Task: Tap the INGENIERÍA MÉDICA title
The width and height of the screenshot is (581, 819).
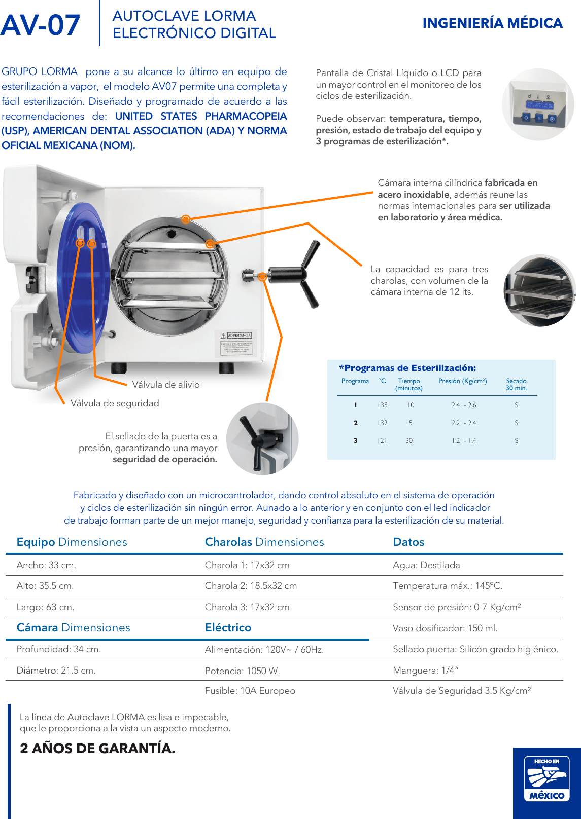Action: point(492,23)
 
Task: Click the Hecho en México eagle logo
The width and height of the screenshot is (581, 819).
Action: point(546,778)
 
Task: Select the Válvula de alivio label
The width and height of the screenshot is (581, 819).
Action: point(166,385)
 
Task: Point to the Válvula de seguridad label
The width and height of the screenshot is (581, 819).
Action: point(115,403)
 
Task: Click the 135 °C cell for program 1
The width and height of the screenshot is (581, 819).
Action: point(382,405)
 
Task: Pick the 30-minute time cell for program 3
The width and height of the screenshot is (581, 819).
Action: point(409,441)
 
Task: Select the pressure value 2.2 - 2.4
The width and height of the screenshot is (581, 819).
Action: point(464,423)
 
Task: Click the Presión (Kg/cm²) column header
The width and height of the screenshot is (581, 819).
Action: point(462,381)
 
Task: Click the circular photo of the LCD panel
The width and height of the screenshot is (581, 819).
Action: point(538,105)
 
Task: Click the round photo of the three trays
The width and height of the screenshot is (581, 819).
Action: point(539,291)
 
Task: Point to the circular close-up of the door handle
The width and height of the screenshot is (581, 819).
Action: point(262,439)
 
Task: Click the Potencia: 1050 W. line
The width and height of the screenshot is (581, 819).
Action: point(242,671)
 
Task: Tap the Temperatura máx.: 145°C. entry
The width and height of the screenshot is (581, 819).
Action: point(447,586)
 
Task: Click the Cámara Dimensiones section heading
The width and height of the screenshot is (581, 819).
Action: point(73,628)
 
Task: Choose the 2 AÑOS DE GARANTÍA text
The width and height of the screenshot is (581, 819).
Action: point(97,749)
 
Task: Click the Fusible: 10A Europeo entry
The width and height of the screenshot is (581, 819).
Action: point(250,691)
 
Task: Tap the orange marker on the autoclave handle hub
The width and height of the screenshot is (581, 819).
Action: point(262,277)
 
